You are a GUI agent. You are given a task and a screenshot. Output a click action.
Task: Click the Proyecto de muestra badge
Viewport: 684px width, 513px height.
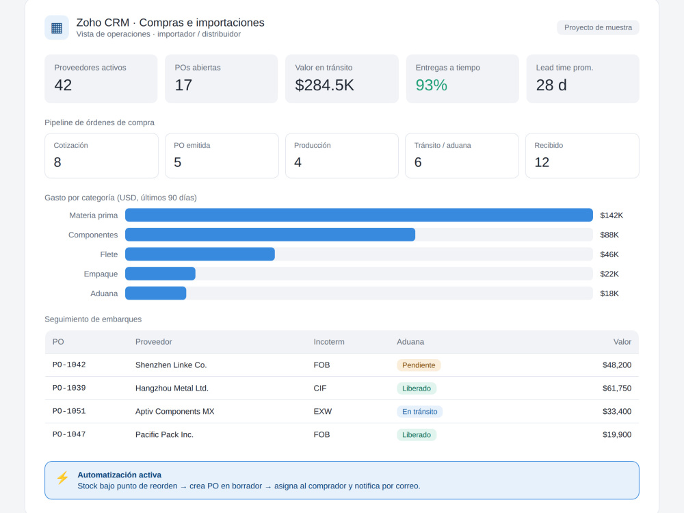click(598, 27)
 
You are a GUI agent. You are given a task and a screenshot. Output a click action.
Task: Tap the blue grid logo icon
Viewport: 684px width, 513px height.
click(57, 28)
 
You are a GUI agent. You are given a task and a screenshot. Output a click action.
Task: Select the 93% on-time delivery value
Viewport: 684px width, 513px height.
click(432, 85)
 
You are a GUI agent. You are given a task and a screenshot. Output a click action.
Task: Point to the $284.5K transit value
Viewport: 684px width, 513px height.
click(324, 85)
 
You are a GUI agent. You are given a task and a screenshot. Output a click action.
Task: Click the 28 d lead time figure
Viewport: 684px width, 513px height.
click(551, 85)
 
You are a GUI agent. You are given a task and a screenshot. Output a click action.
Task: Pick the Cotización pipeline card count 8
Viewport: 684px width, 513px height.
click(57, 162)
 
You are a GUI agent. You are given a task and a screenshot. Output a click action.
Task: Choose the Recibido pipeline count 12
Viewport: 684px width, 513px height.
click(542, 162)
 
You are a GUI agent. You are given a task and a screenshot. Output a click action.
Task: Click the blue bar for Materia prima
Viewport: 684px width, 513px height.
click(359, 215)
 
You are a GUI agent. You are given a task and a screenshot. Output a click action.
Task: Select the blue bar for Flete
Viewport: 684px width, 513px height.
click(200, 254)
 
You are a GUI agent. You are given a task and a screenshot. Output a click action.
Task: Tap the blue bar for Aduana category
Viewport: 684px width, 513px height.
click(156, 293)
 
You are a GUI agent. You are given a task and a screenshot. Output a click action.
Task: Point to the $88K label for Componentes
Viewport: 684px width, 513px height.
click(609, 235)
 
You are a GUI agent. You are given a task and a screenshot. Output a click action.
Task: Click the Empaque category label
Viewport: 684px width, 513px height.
click(101, 274)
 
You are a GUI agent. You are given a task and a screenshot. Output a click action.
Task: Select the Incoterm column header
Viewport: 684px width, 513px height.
click(329, 342)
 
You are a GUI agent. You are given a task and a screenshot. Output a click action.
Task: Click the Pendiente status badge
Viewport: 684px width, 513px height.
click(419, 365)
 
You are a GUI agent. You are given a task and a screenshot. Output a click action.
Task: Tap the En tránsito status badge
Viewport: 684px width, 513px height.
click(420, 411)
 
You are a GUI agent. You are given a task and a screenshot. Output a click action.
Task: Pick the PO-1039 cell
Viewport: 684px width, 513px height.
click(69, 388)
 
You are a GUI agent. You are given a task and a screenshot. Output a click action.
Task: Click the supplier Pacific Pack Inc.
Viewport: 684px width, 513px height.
click(164, 434)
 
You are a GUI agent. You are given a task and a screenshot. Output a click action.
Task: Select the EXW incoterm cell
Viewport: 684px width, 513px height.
click(323, 411)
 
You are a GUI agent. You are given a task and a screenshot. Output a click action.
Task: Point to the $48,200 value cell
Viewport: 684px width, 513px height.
click(617, 365)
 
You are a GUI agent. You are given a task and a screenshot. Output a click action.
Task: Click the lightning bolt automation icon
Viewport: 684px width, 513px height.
click(63, 477)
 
